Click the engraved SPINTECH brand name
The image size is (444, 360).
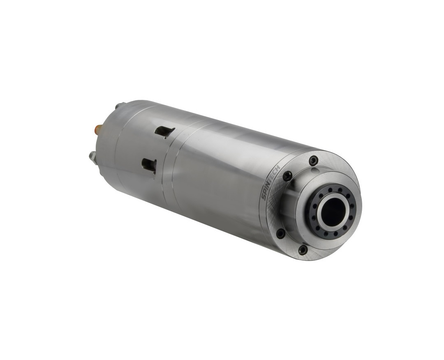(271, 182)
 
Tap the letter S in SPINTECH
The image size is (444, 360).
(263, 197)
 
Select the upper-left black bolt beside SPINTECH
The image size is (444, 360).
(287, 175)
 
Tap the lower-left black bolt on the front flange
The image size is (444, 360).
(280, 233)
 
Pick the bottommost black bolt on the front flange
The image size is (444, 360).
(302, 249)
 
